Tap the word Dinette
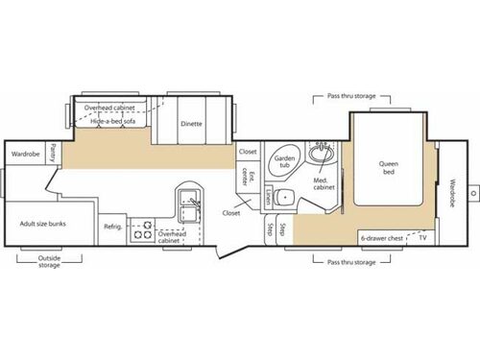(191, 122)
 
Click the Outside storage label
(49, 260)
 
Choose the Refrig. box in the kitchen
(113, 226)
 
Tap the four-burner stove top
(142, 228)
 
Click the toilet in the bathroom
(282, 198)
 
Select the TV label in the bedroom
(421, 237)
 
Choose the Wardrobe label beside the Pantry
(24, 153)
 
